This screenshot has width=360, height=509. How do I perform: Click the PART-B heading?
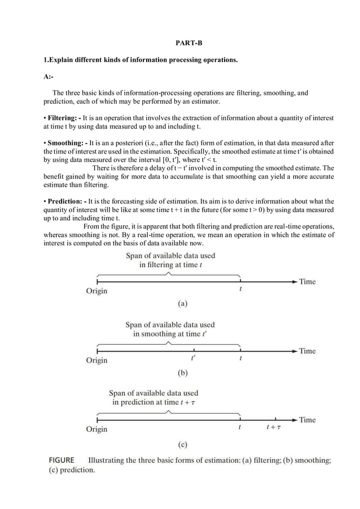(x=181, y=43)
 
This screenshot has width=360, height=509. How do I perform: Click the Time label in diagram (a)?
(x=307, y=281)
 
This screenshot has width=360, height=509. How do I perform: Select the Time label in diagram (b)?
(x=307, y=350)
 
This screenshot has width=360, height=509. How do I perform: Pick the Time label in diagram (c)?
(x=307, y=420)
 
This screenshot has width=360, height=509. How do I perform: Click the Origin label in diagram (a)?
(x=96, y=291)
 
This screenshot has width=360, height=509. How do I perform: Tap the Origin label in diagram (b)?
(x=96, y=360)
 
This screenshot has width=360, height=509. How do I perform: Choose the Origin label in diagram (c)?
(x=96, y=429)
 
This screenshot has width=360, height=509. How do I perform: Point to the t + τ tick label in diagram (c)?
(x=274, y=428)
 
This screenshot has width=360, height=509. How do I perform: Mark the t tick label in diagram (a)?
(x=240, y=289)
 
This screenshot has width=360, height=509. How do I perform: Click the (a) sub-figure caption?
(x=182, y=303)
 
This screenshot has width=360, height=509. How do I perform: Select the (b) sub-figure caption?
(x=182, y=372)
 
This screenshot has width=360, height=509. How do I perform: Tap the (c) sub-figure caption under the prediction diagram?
(x=182, y=444)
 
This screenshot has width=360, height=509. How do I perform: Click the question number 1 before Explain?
(x=46, y=59)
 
